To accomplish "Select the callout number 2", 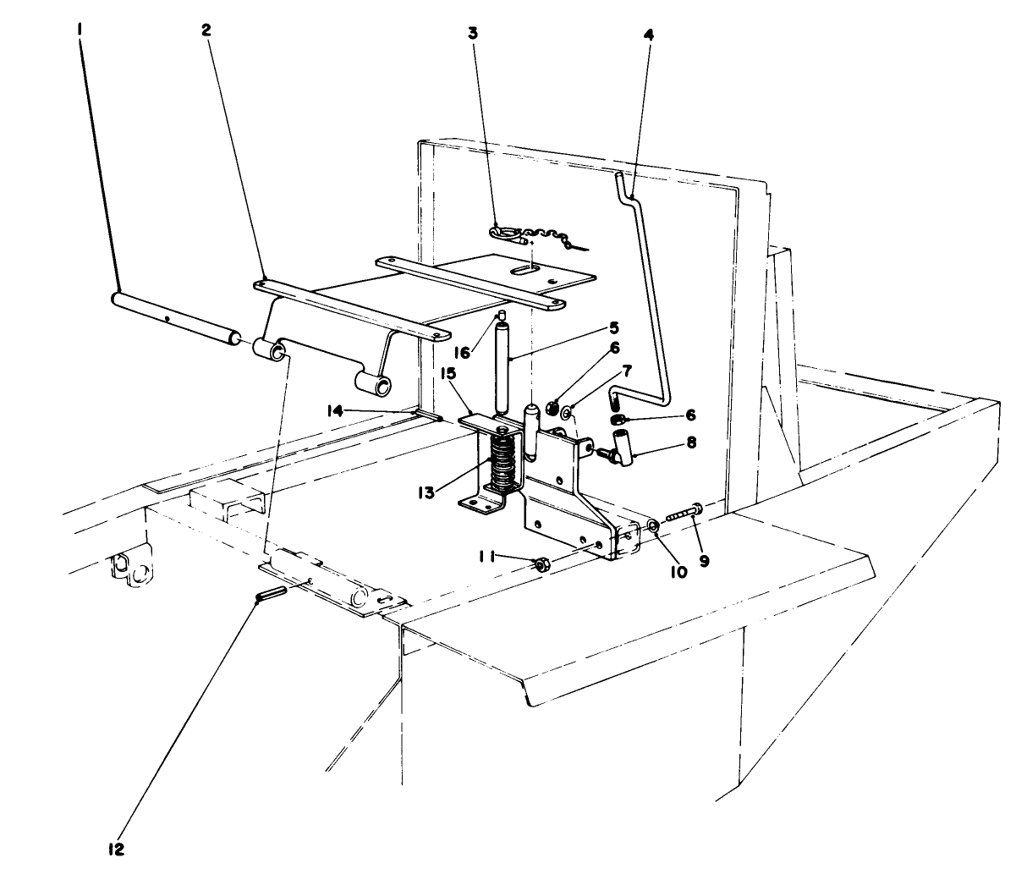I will click(206, 29).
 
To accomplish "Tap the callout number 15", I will click(447, 373).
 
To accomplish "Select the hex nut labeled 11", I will click(541, 564).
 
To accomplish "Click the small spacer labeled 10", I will click(654, 527).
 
